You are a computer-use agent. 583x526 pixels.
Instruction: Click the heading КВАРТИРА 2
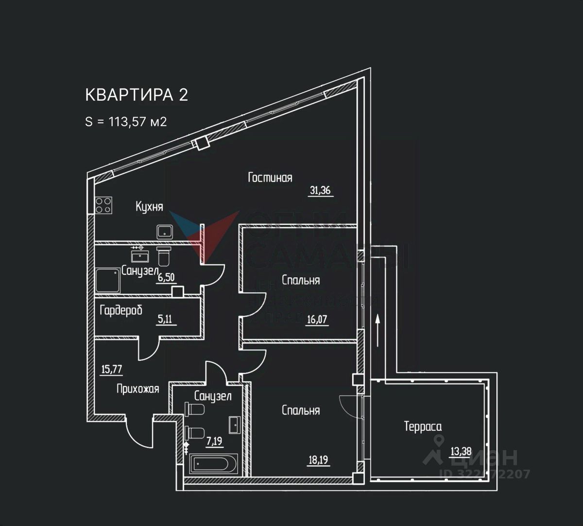[137, 95]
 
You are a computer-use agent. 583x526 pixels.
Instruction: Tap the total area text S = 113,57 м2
[126, 121]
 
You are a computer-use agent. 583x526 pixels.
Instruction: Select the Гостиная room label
[270, 178]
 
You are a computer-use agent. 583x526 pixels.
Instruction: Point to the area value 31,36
[320, 190]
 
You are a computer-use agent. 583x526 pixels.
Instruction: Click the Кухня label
[149, 207]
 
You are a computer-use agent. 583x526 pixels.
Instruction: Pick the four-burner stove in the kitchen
[103, 205]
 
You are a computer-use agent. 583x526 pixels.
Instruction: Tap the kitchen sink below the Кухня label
[165, 232]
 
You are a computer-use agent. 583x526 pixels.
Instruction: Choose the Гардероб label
[121, 310]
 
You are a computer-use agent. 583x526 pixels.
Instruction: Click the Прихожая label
[138, 389]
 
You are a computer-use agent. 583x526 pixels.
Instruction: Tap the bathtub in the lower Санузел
[214, 464]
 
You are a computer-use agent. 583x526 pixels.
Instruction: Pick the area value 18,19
[318, 459]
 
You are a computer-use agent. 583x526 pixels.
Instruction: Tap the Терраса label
[423, 427]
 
